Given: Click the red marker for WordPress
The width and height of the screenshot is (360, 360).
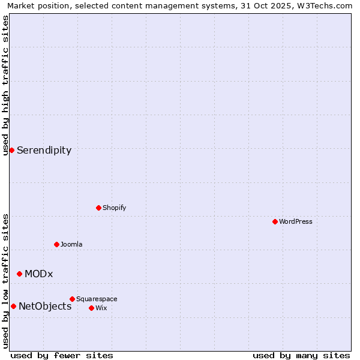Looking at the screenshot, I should tap(275, 221).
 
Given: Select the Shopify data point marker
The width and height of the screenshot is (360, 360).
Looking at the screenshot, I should tap(98, 208).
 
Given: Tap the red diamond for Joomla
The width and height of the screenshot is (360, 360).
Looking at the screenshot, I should tap(56, 244).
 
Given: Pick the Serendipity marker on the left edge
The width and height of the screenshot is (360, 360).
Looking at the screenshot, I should tap(11, 150).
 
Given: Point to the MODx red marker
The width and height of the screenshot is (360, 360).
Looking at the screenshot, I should tap(19, 274).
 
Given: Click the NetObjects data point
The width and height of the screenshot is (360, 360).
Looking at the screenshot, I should tap(13, 306).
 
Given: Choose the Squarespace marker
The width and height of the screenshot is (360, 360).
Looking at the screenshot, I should tap(72, 299).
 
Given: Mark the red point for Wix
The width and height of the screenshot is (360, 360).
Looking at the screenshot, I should tap(91, 308).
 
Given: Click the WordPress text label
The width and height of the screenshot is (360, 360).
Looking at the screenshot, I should tap(296, 221).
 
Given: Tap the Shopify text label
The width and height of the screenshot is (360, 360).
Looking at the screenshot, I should tap(114, 208).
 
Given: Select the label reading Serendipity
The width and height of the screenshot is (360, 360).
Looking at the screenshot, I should tap(44, 151).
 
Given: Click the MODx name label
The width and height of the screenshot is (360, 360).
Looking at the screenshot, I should tap(38, 274).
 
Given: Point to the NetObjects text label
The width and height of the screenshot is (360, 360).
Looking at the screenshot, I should tap(45, 307).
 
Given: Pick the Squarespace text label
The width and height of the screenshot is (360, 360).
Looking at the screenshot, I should tap(97, 299).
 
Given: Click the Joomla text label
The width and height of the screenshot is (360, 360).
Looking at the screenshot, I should tap(71, 244).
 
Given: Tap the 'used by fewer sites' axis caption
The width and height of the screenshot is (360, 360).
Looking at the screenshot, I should tap(62, 355).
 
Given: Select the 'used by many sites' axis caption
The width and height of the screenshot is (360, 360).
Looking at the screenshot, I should tap(301, 355).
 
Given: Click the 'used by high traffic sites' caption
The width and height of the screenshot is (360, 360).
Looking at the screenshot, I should tap(5, 85).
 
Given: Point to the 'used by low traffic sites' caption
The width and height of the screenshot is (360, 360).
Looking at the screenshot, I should tap(5, 281).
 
